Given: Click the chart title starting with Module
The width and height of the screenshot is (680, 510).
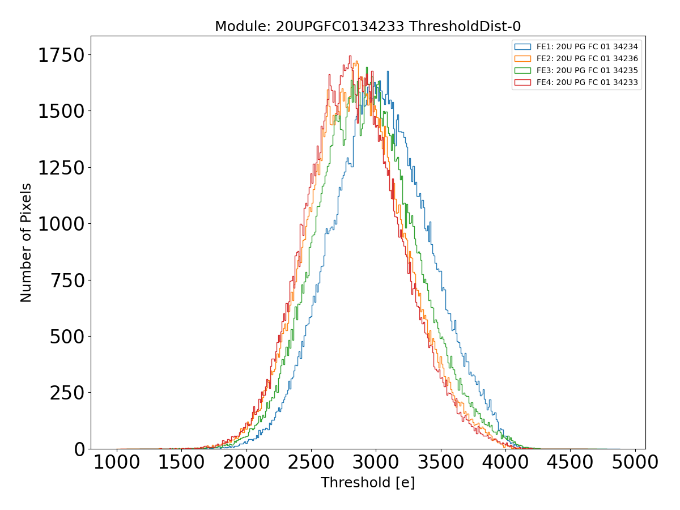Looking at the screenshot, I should [368, 27].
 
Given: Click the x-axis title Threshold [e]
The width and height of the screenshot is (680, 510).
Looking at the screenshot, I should [368, 483].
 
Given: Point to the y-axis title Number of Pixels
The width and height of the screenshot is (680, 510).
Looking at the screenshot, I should [26, 243].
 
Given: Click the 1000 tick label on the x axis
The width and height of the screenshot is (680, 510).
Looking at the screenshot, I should [117, 462].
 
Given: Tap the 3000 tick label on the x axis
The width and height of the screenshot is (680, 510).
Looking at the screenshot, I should [376, 462].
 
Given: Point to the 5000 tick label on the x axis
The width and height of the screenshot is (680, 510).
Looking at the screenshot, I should [635, 462].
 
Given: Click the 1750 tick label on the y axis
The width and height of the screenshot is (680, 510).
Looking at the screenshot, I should [61, 56].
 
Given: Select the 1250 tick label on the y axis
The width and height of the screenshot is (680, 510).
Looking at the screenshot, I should [61, 168].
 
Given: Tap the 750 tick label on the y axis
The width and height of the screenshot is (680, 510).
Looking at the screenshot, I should [67, 280].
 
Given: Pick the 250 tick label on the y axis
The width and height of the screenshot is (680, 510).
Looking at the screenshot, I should [67, 393].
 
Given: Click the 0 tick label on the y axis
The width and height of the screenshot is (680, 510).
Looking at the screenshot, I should [79, 449].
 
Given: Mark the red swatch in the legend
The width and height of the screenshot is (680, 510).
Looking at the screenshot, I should [522, 82].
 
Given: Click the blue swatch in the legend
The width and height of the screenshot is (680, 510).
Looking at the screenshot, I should [522, 46].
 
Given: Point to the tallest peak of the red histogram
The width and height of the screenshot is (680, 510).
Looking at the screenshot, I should [350, 56].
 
